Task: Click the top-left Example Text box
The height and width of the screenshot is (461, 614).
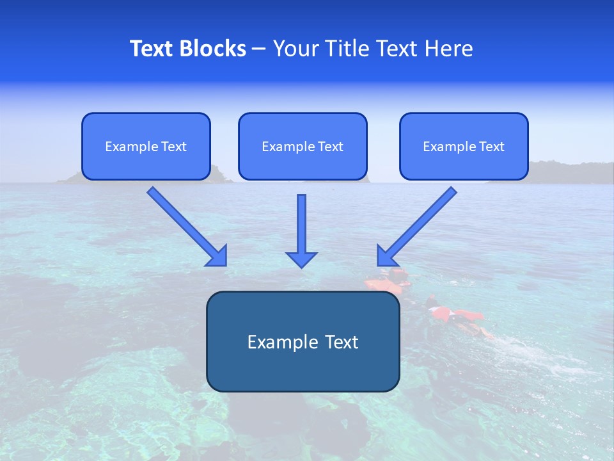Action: coord(146,146)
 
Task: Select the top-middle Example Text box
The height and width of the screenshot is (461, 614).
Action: coord(303,146)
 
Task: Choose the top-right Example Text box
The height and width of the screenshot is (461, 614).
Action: coord(464,146)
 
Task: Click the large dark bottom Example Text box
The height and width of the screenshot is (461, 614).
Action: coord(303,341)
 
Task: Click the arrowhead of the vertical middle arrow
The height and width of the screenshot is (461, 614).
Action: coord(301,259)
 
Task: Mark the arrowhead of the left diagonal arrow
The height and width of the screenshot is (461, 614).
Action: coord(217,256)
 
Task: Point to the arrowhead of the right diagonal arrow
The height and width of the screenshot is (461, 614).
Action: coord(386,256)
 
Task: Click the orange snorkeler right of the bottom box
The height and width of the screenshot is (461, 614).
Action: coord(454,315)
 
